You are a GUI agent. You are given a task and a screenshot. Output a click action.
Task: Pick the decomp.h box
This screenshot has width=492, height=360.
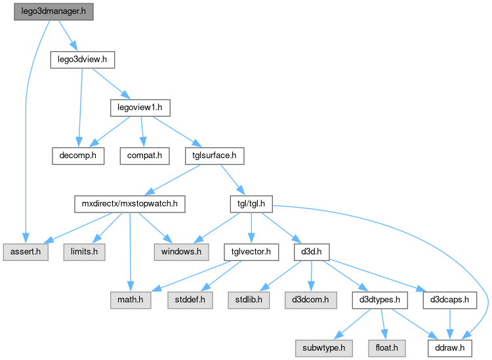pyautogui.click(x=77, y=156)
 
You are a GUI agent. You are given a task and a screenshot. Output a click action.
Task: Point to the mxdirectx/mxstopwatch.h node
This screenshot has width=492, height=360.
pyautogui.click(x=129, y=204)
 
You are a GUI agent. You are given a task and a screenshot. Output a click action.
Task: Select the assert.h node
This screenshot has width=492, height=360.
pyautogui.click(x=25, y=252)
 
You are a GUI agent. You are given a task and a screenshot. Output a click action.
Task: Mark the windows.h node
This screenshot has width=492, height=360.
pyautogui.click(x=181, y=252)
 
